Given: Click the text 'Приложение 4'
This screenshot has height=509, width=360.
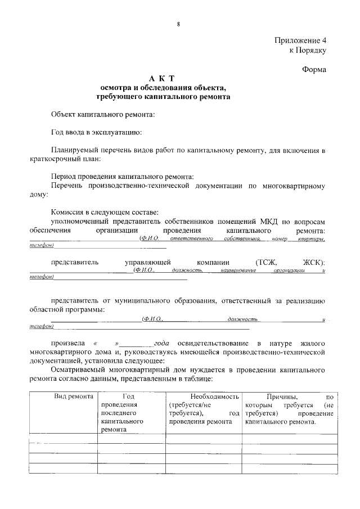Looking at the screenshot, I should pyautogui.click(x=300, y=40).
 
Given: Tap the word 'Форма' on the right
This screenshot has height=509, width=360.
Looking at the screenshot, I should pyautogui.click(x=313, y=70).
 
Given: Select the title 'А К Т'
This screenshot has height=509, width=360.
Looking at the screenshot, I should pyautogui.click(x=163, y=79).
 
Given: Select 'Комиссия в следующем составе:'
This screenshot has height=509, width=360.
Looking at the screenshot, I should pyautogui.click(x=105, y=212).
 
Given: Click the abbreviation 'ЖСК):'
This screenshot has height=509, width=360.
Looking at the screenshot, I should pyautogui.click(x=313, y=262).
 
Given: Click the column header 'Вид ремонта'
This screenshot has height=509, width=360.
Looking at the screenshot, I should pyautogui.click(x=74, y=397).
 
